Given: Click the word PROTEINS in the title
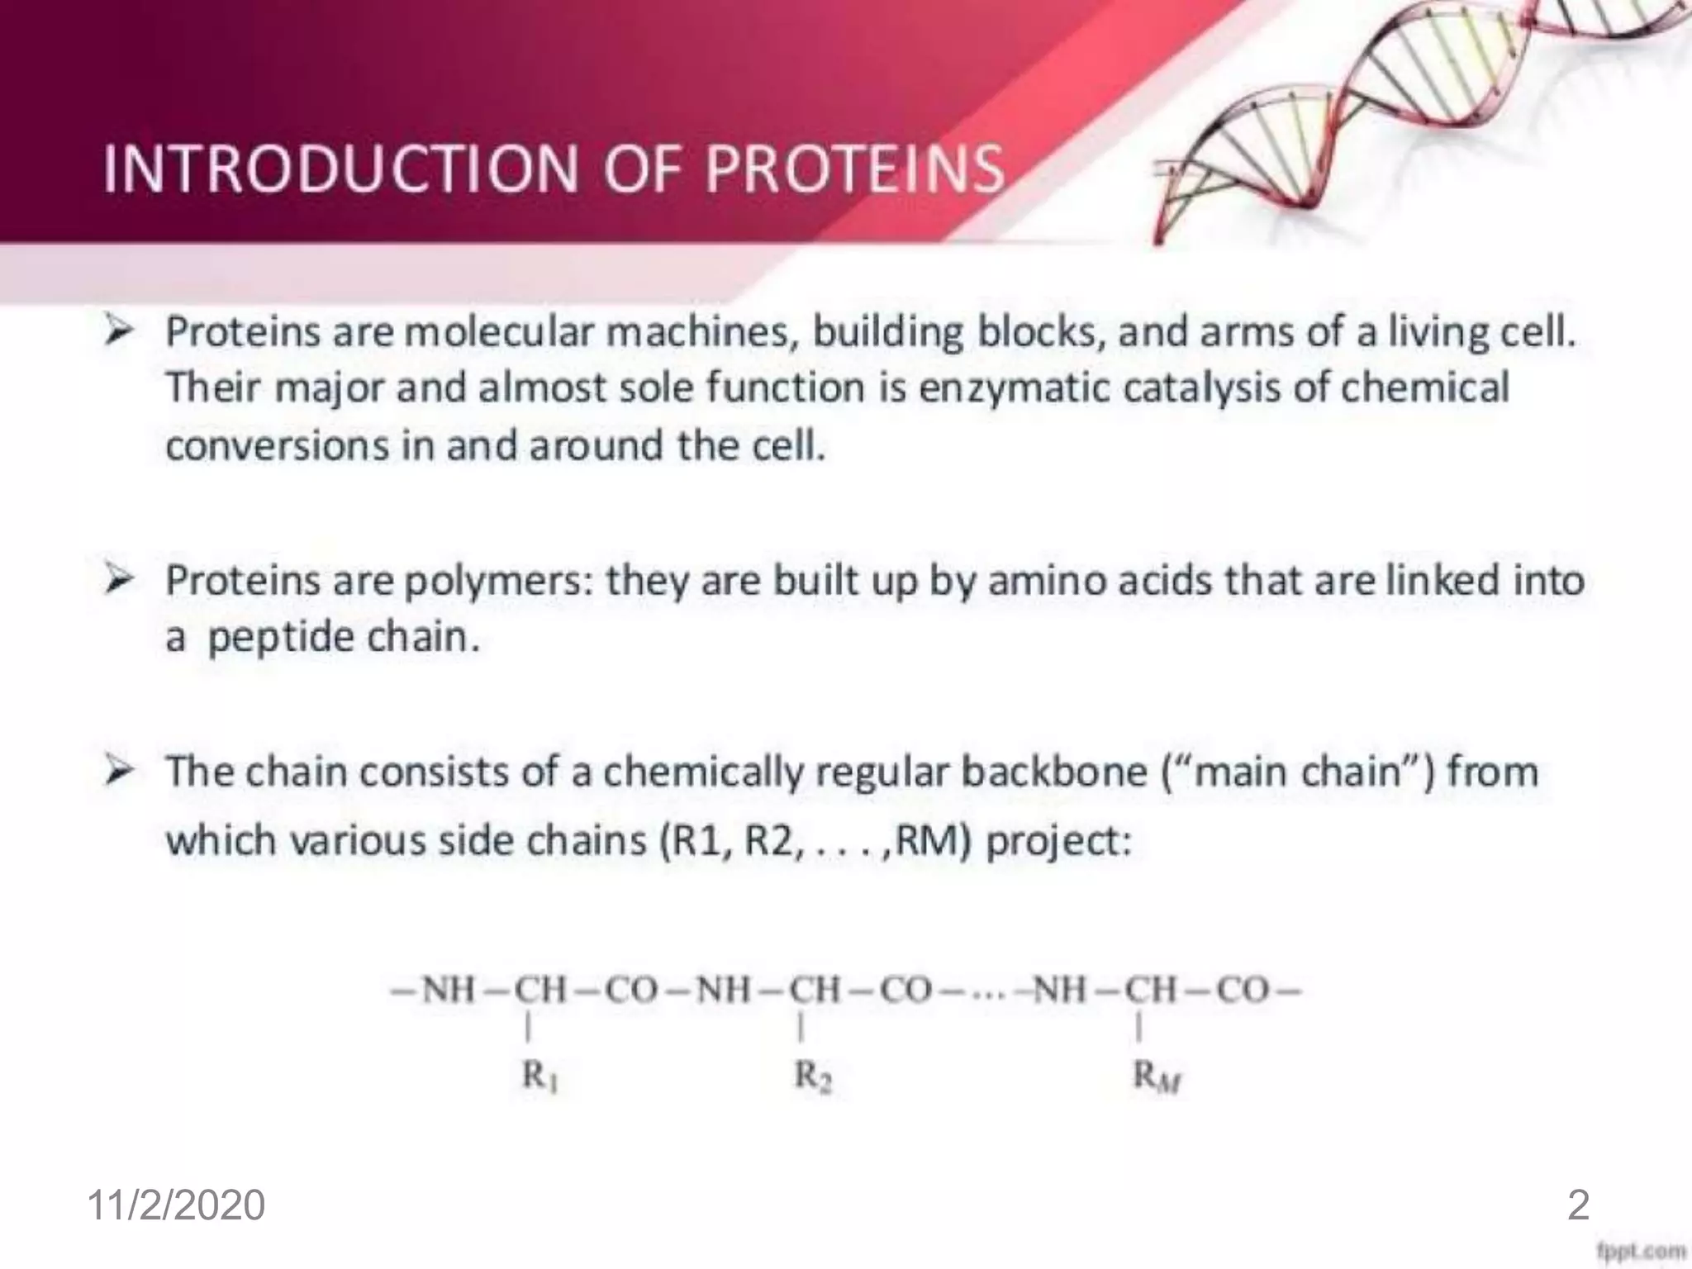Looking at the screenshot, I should coord(855,169).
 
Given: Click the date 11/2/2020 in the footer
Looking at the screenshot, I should coord(176,1205).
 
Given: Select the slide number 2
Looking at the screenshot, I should coord(1578,1205).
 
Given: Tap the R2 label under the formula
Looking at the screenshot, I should coord(813,1076).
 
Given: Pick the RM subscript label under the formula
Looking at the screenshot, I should coord(1157,1076).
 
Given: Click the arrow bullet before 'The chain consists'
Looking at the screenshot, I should coord(119,772).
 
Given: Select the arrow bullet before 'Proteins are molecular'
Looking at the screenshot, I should coord(119,332).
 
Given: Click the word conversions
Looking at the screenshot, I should coord(276,446).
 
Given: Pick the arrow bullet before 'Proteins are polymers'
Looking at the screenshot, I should coord(119,580).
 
